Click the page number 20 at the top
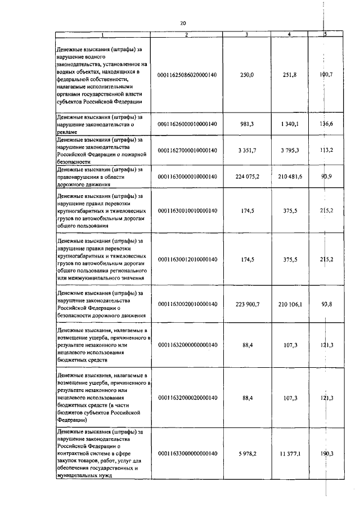point(183,23)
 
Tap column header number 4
point(289,35)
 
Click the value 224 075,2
point(247,177)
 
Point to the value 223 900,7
point(247,304)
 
